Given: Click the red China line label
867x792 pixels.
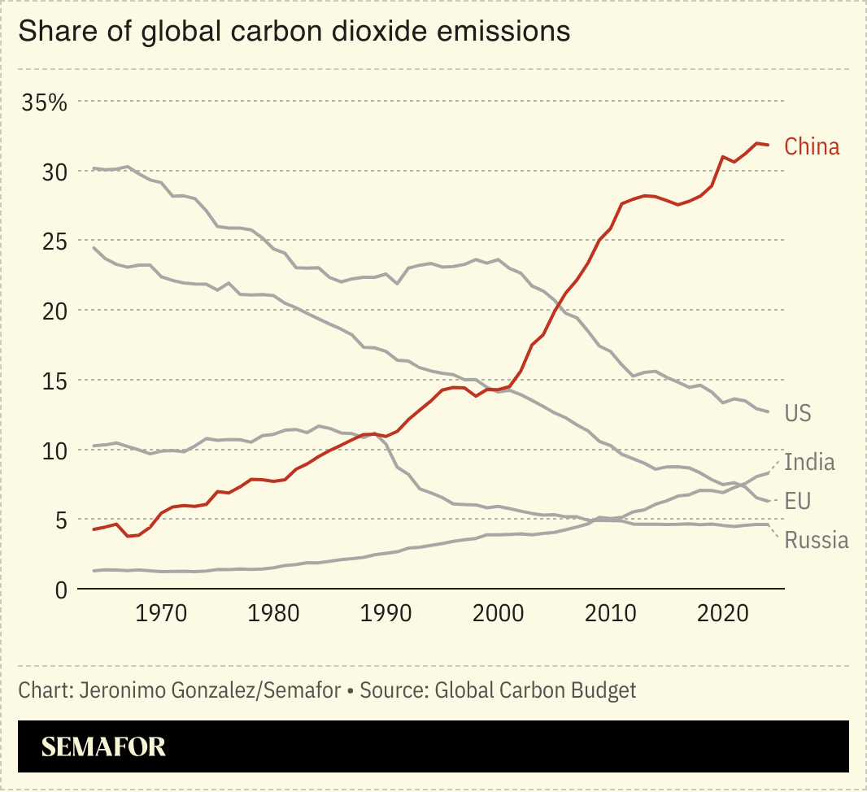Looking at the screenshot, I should (811, 147).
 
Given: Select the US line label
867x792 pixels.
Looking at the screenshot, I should (797, 413).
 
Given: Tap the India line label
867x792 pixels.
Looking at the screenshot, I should (809, 462).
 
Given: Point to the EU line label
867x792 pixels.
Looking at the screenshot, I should (797, 501).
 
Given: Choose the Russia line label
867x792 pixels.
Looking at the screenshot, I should (816, 540).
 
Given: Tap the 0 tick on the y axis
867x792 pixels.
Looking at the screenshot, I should (38, 590).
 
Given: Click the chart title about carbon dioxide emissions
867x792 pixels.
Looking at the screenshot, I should (294, 32).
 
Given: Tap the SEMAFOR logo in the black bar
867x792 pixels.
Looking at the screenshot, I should (103, 746).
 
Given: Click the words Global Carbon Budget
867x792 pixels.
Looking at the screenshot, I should (535, 690).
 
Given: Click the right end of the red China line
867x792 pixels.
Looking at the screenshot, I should (768, 145).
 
